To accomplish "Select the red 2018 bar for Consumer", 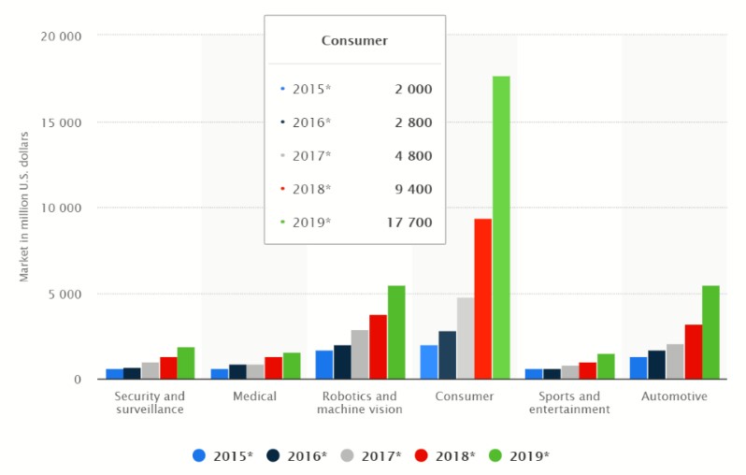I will point(482,298).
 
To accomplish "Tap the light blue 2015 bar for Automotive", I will point(638,367).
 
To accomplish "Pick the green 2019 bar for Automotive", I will point(710,332).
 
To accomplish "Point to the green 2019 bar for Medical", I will point(292,366).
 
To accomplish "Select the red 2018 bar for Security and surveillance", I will point(167,367).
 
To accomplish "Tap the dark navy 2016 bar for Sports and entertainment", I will point(552,373).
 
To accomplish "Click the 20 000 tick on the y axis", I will point(63,36).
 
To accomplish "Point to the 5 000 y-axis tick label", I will point(66,294).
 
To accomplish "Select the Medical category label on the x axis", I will point(255,396).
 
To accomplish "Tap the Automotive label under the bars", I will point(674,396).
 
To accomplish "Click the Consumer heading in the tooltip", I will point(354,40).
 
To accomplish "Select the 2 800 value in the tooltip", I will point(411,122).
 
